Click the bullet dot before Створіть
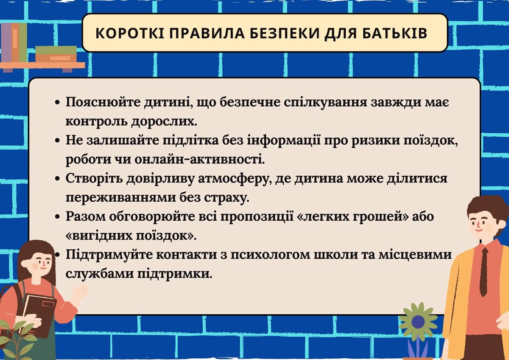click(x=57, y=179)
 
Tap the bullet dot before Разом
click(x=57, y=217)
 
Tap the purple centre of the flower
click(x=418, y=322)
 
